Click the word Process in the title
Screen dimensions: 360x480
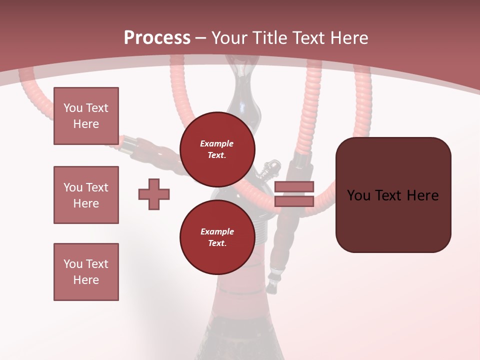pyautogui.click(x=157, y=38)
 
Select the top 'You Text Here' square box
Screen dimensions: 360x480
pyautogui.click(x=86, y=116)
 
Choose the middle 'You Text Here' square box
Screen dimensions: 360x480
pyautogui.click(x=86, y=195)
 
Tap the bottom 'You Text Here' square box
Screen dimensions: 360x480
pyautogui.click(x=86, y=272)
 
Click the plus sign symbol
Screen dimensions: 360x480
pyautogui.click(x=154, y=194)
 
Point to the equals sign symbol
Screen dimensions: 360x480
pyautogui.click(x=294, y=194)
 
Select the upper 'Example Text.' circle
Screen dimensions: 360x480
pyautogui.click(x=217, y=149)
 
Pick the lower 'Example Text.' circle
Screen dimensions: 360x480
pyautogui.click(x=217, y=237)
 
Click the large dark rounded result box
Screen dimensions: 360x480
pyautogui.click(x=393, y=195)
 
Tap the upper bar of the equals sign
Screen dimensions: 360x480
pyautogui.click(x=294, y=187)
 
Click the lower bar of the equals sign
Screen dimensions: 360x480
pyautogui.click(x=294, y=201)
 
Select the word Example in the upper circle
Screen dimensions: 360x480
pyautogui.click(x=217, y=143)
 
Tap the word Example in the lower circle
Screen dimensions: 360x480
pyautogui.click(x=217, y=231)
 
